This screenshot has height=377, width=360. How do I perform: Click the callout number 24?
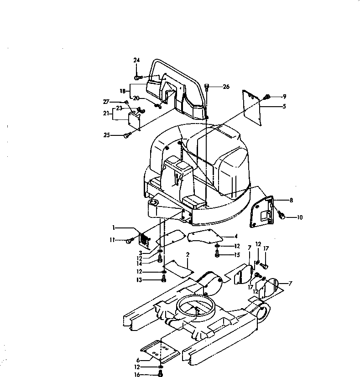[x=136, y=60]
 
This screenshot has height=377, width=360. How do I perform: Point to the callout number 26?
[x=226, y=87]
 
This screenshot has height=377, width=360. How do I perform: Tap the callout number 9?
[x=284, y=96]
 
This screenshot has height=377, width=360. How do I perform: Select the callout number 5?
[x=284, y=106]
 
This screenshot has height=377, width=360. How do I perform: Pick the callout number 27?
[x=106, y=102]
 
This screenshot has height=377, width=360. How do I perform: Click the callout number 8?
[x=292, y=200]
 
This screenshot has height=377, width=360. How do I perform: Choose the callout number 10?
[x=299, y=217]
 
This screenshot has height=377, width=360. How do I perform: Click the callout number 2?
[x=187, y=254]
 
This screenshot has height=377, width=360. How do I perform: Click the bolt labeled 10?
[x=282, y=216]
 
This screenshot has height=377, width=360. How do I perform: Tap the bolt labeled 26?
[x=208, y=86]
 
